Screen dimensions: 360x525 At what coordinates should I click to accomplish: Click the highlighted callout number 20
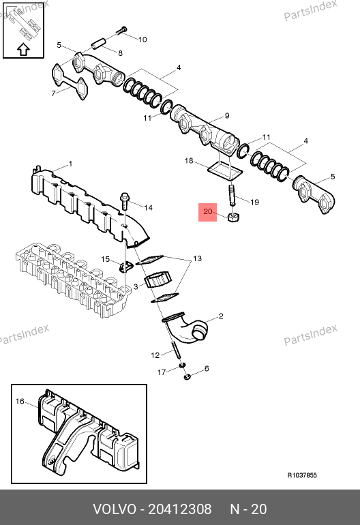click(x=208, y=211)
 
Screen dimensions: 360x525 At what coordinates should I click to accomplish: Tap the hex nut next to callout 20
click(x=233, y=217)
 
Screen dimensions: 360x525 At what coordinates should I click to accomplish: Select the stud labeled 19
click(x=232, y=196)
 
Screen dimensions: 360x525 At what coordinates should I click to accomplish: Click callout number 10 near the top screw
click(x=142, y=40)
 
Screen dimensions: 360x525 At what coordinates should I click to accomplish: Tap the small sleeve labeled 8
click(x=98, y=44)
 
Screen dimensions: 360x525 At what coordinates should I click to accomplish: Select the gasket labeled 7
click(x=70, y=82)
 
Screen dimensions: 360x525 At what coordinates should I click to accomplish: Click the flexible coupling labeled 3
click(x=157, y=280)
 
